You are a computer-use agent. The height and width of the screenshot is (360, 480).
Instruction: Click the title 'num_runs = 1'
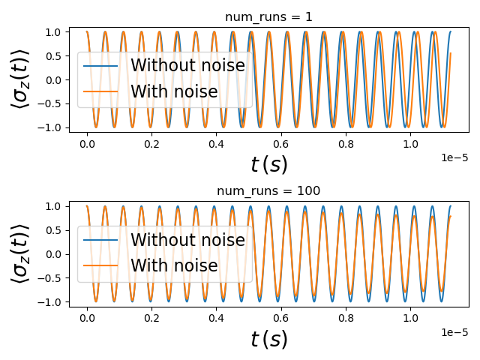tap(268, 17)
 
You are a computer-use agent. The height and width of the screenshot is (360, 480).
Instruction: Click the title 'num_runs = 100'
tap(268, 191)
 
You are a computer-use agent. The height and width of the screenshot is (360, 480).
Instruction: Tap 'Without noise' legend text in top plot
tap(187, 66)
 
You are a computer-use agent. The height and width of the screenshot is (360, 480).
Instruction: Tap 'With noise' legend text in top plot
tap(174, 91)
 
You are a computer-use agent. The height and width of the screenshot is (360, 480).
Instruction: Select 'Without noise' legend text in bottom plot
tap(187, 240)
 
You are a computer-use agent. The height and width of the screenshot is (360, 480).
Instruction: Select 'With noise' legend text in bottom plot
tap(174, 265)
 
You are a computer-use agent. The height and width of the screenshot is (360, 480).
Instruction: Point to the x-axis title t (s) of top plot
tap(268, 164)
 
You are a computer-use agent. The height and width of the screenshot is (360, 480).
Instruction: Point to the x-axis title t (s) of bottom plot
tap(268, 339)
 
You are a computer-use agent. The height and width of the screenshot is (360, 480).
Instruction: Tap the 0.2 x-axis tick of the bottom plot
tap(151, 316)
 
